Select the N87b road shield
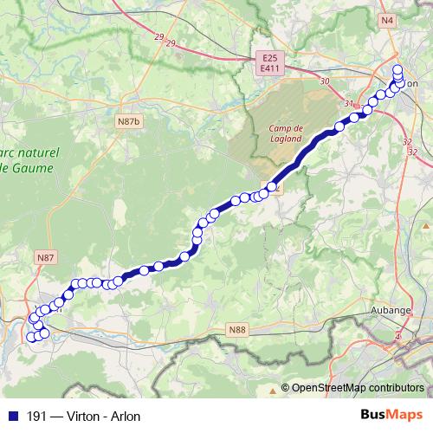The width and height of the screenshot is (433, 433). (129, 121)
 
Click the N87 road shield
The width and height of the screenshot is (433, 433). (45, 258)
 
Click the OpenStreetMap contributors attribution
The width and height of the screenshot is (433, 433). (357, 388)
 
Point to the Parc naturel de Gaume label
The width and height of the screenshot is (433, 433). (30, 159)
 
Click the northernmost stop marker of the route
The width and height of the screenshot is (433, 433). (397, 69)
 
